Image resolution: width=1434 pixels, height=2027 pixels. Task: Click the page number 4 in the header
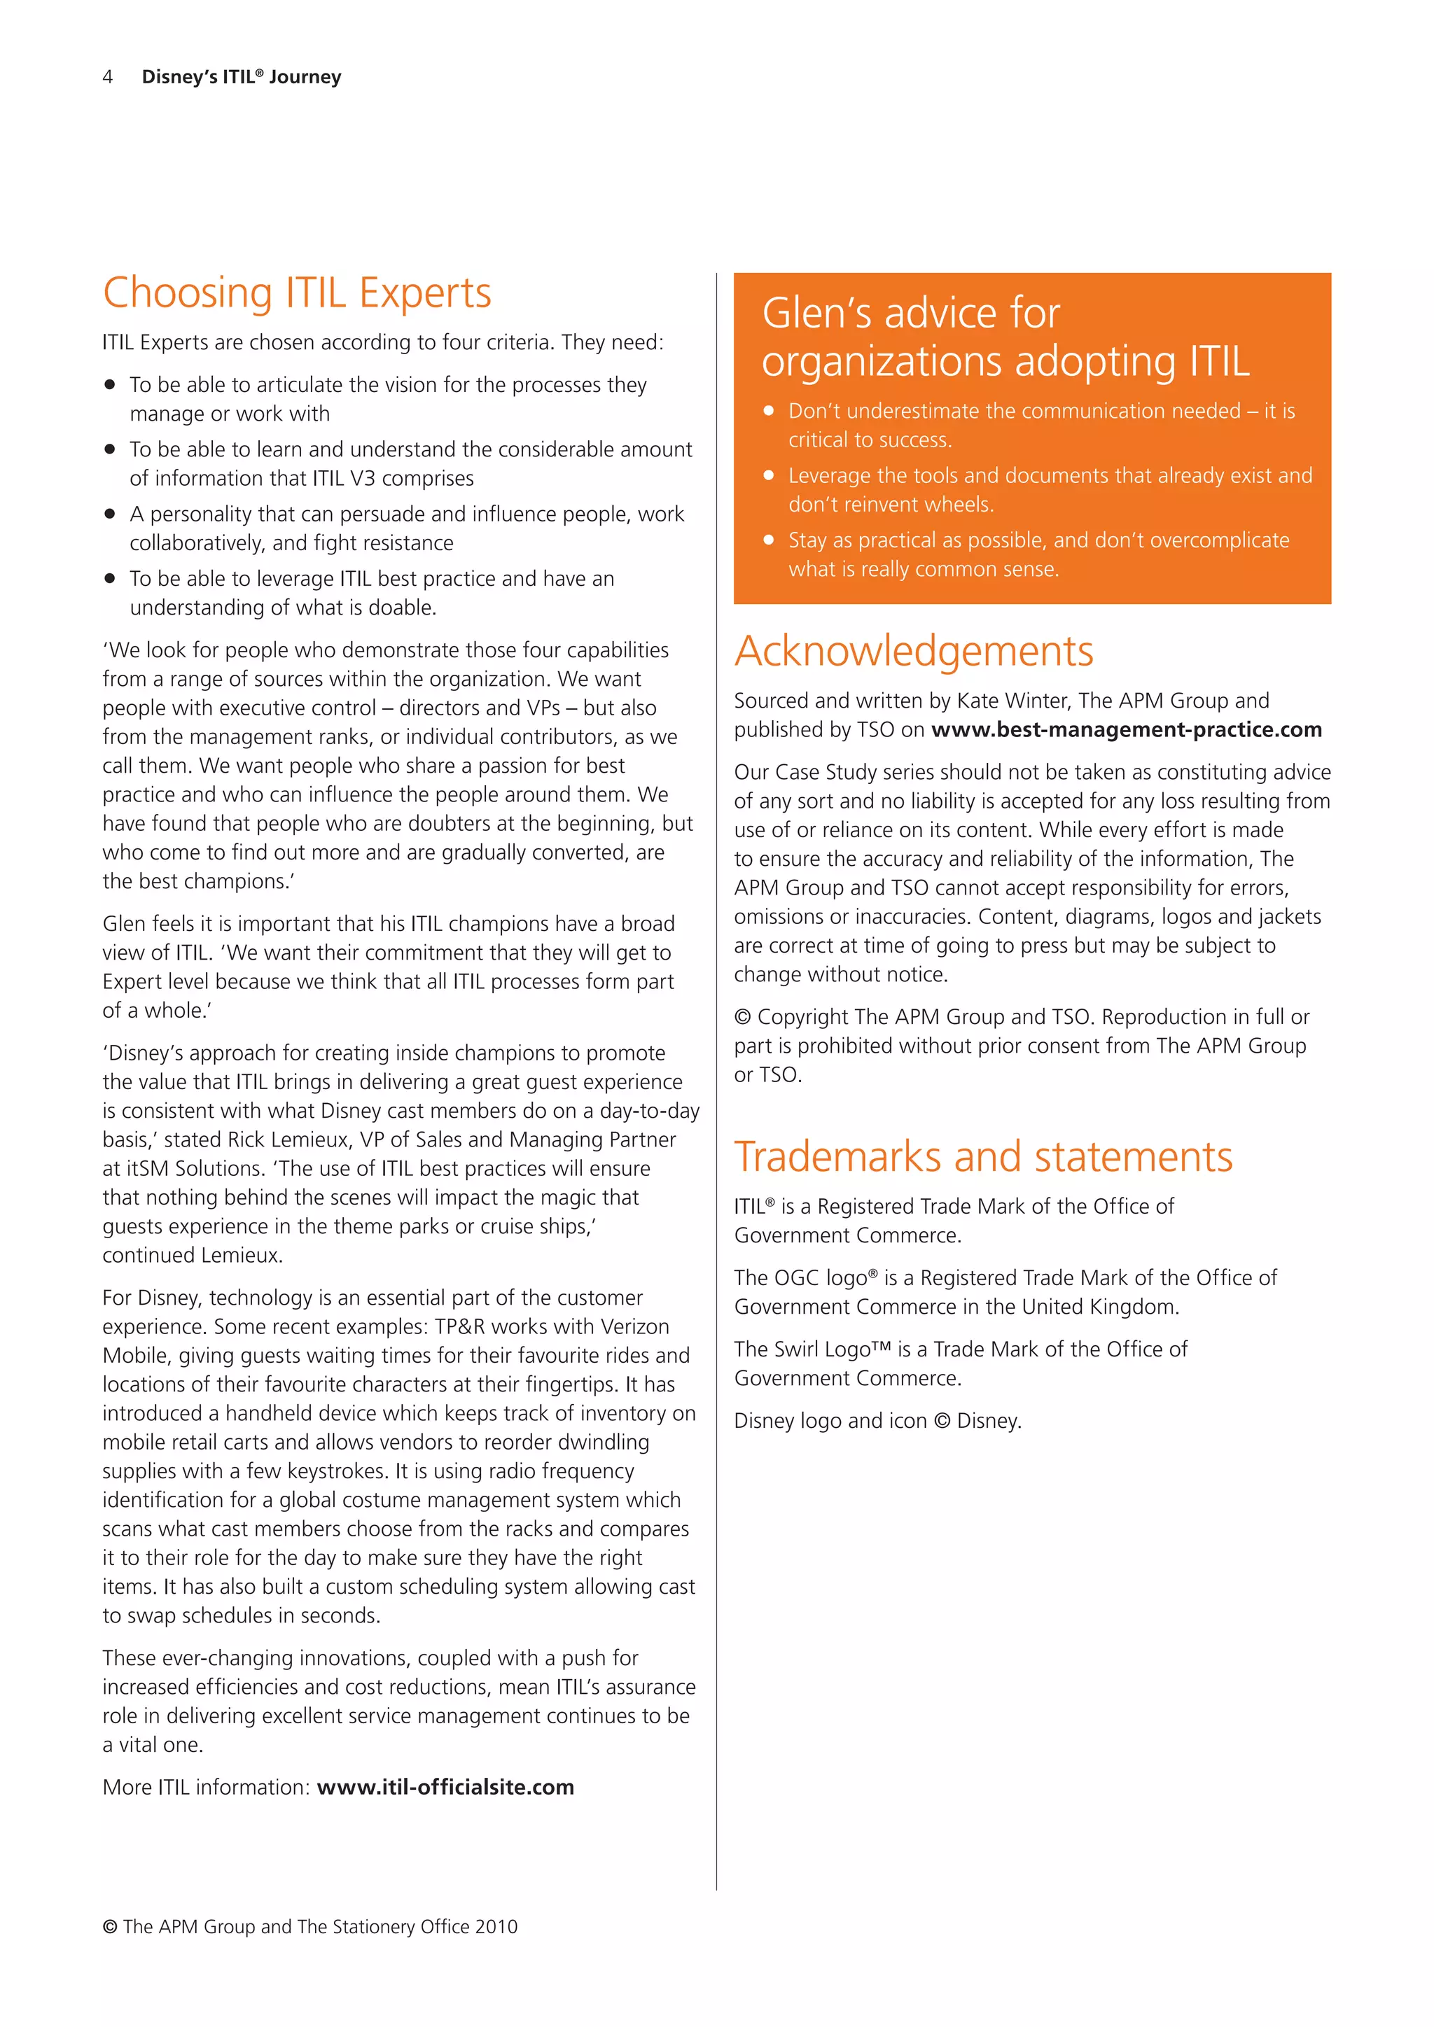pos(108,78)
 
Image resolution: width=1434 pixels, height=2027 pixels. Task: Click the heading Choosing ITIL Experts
pos(297,294)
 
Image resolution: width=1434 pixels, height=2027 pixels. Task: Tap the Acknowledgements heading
pos(913,652)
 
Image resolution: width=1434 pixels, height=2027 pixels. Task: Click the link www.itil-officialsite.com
pos(445,1788)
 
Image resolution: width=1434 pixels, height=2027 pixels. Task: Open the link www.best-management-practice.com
pos(1126,730)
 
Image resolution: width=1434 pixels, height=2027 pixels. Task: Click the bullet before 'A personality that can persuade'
pos(109,514)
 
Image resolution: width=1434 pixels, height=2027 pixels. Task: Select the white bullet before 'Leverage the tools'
pos(768,476)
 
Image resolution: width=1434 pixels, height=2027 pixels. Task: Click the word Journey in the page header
pos(305,78)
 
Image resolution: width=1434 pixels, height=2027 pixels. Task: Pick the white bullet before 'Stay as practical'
pos(768,540)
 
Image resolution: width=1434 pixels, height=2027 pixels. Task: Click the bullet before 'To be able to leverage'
pos(109,579)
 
